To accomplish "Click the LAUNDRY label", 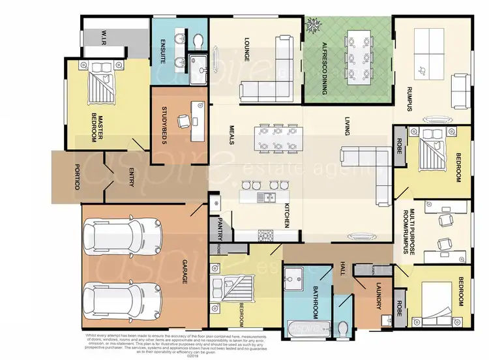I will (x=379, y=295).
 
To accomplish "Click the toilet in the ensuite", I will (x=199, y=41).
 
